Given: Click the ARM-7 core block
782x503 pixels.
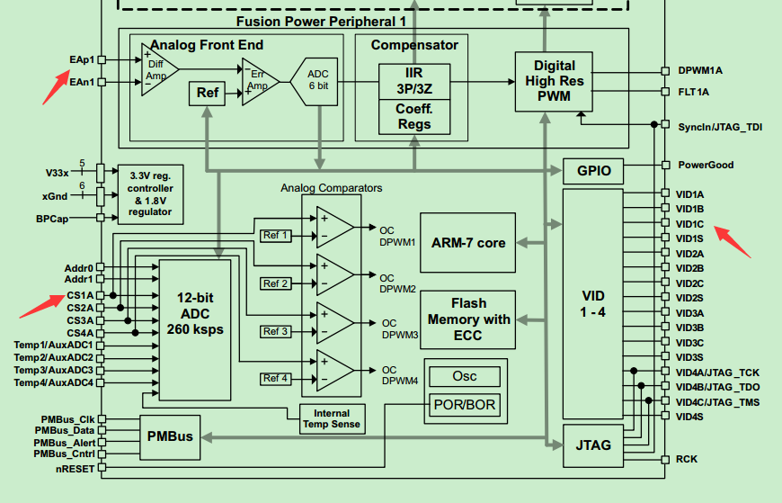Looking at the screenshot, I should (x=467, y=242).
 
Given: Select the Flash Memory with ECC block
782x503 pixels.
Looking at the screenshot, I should (x=467, y=319).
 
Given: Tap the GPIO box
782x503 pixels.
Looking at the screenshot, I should (x=593, y=170).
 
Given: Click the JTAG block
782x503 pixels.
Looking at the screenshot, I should (x=592, y=445).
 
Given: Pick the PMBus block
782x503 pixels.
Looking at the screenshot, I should (x=169, y=436).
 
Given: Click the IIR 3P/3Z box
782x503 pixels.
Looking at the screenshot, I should (x=413, y=81).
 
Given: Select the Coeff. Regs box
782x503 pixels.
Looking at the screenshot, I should (x=413, y=117).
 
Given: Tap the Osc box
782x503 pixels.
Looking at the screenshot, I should (x=465, y=376).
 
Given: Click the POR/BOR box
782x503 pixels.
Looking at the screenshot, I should (x=465, y=404).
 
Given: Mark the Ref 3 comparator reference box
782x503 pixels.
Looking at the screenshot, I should (x=276, y=331).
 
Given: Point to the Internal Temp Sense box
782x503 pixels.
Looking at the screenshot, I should (x=333, y=418).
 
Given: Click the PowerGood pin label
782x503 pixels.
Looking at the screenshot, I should (x=706, y=165).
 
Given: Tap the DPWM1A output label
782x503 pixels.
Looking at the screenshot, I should (x=700, y=69).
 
